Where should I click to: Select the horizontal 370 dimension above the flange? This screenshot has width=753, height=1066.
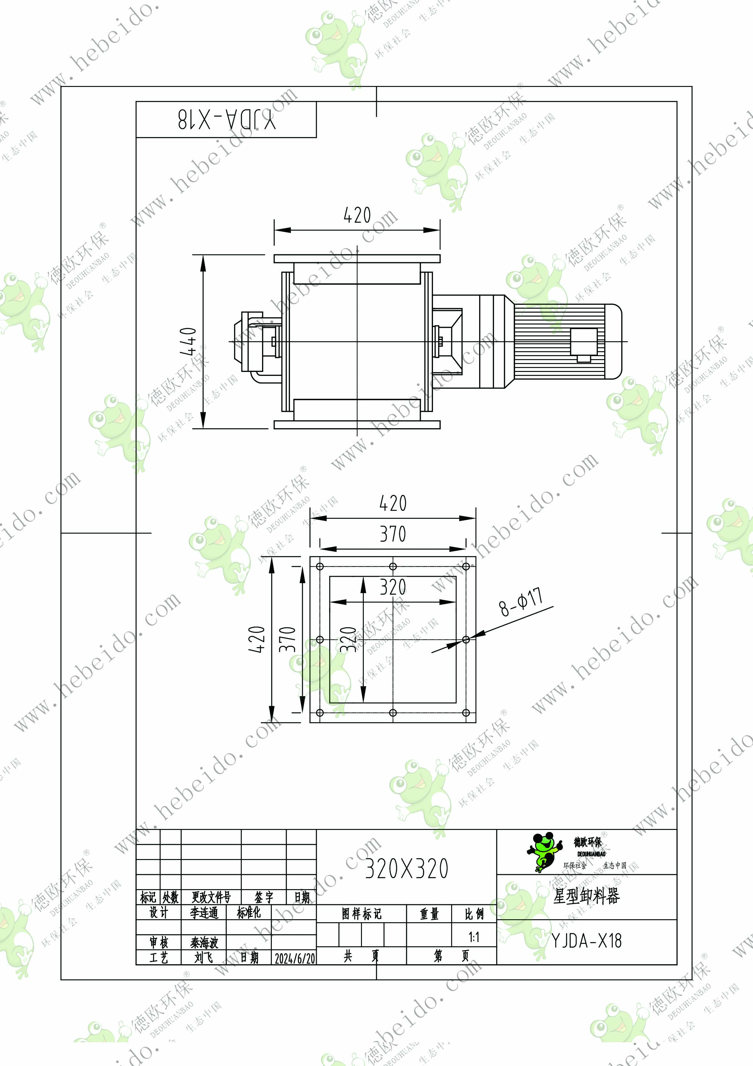click(x=393, y=534)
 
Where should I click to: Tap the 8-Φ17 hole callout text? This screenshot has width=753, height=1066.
click(x=520, y=602)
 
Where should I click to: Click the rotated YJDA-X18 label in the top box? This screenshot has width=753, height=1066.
click(x=227, y=120)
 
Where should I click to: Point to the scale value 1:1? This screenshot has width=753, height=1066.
click(x=474, y=937)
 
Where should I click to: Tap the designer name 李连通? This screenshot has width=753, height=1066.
click(x=204, y=913)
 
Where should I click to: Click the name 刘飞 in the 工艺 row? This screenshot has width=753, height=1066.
click(x=204, y=957)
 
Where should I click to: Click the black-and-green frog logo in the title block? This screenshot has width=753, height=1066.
click(x=544, y=851)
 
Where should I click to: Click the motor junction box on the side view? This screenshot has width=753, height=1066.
click(x=584, y=343)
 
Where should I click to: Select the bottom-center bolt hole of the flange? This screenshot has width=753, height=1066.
click(x=393, y=713)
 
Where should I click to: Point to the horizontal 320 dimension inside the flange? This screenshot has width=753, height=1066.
click(x=393, y=587)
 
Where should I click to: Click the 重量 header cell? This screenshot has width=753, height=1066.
click(x=429, y=914)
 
